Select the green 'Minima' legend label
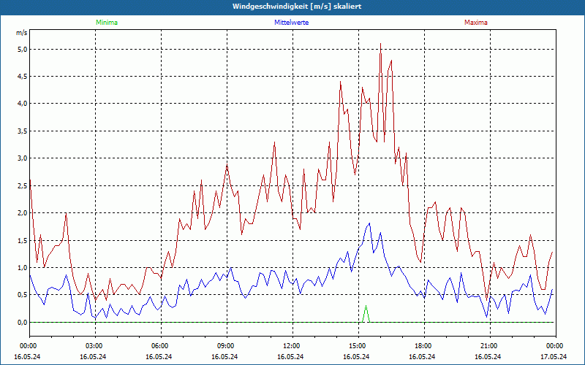pyautogui.click(x=106, y=23)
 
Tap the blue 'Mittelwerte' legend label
pyautogui.click(x=291, y=23)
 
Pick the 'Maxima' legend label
pyautogui.click(x=475, y=23)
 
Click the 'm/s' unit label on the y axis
pyautogui.click(x=22, y=33)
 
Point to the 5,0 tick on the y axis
pyautogui.click(x=21, y=50)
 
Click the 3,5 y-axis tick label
pyautogui.click(x=21, y=131)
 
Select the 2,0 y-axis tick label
pyautogui.click(x=21, y=213)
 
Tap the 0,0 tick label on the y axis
pyautogui.click(x=21, y=322)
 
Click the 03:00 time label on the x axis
pyautogui.click(x=94, y=346)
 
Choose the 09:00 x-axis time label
pyautogui.click(x=225, y=346)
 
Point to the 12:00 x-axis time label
pyautogui.click(x=291, y=346)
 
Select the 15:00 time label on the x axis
pyautogui.click(x=357, y=346)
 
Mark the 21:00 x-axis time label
pyautogui.click(x=488, y=346)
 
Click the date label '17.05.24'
pyautogui.click(x=554, y=357)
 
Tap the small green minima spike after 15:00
pyautogui.click(x=366, y=307)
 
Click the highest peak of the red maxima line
pyautogui.click(x=380, y=44)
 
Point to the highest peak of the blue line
pyautogui.click(x=369, y=223)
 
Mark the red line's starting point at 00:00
pyautogui.click(x=30, y=180)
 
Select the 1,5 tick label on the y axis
pyautogui.click(x=21, y=240)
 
